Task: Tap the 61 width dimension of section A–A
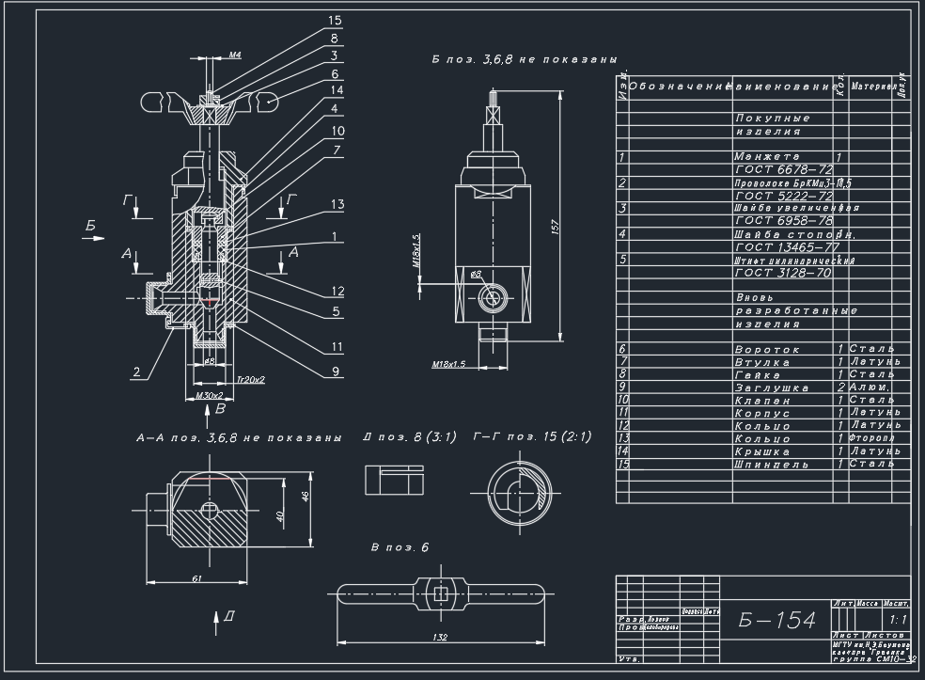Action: (196, 578)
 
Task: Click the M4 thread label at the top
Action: (235, 55)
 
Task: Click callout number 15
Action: (336, 20)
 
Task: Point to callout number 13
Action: (337, 204)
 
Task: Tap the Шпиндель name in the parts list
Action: (771, 465)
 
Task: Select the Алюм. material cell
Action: (870, 387)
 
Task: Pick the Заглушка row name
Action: (772, 387)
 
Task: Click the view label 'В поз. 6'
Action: (400, 547)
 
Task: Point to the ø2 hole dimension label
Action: (476, 274)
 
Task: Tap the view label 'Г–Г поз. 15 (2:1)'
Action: (532, 437)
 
